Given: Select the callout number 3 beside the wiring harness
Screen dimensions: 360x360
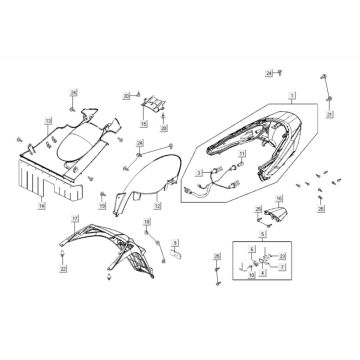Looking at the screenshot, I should point(200,172).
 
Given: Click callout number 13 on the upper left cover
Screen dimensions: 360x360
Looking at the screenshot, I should point(47,121).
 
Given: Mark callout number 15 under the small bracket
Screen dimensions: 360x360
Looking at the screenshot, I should point(144,124).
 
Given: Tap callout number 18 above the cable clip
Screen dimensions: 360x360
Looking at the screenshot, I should point(146,221).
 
